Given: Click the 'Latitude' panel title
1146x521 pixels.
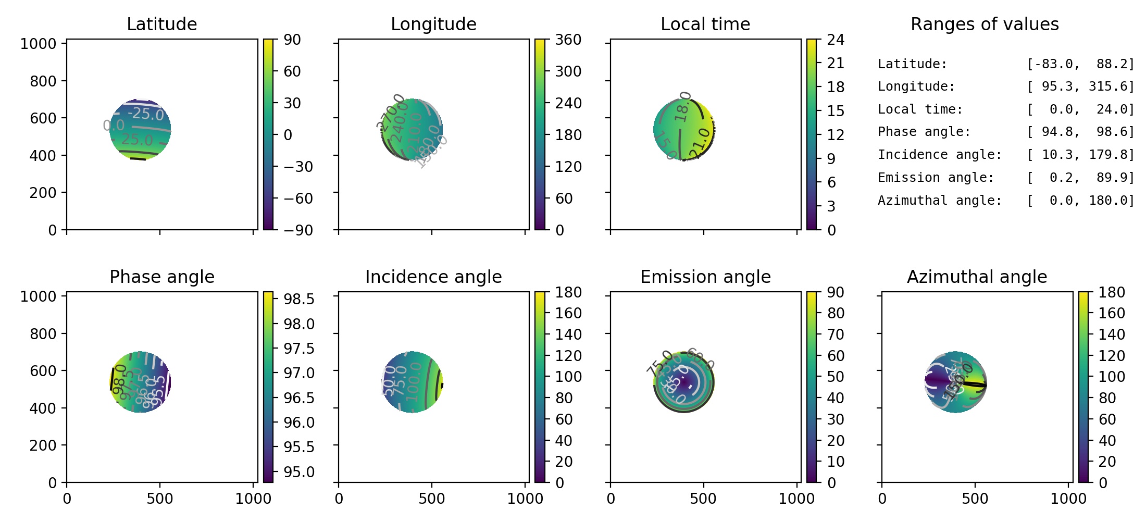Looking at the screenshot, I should click(x=161, y=24).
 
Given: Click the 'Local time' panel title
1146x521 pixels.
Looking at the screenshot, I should click(x=705, y=24).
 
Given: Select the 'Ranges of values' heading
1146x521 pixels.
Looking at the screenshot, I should click(x=985, y=24).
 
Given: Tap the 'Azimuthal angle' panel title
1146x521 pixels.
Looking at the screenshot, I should click(x=977, y=277).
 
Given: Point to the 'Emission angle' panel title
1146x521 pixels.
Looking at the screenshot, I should click(x=705, y=277).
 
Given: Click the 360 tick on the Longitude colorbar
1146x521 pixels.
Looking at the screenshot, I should click(x=568, y=40).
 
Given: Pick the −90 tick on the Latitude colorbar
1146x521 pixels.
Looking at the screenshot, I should click(x=298, y=230).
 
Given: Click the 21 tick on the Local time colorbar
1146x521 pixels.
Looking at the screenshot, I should click(x=836, y=63).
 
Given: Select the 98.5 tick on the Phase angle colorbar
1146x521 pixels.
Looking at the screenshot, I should click(x=299, y=299).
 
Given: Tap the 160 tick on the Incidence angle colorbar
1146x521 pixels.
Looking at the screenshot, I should click(x=568, y=313).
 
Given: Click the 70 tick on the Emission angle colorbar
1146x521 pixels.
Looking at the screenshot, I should click(x=836, y=334).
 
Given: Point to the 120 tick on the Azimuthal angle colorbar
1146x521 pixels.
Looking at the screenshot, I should click(x=1112, y=356).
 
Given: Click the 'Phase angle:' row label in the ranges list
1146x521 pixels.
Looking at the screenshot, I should click(x=924, y=132).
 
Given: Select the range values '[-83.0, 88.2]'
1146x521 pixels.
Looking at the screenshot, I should click(x=1080, y=64).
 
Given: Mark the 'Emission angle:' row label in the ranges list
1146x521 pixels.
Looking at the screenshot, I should click(x=936, y=178).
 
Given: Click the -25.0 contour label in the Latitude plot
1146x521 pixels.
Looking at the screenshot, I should click(x=146, y=114).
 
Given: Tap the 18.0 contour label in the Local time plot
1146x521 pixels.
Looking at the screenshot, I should click(x=683, y=106).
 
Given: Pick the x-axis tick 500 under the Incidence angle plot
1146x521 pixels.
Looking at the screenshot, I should click(x=432, y=499).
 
